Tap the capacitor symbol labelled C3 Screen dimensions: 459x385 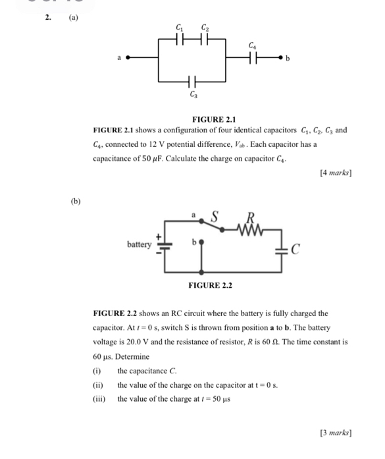[x=192, y=82]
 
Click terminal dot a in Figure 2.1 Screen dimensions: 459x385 [x=128, y=58]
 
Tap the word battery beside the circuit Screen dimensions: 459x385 [x=140, y=244]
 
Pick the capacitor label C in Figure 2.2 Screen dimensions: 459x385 [x=295, y=250]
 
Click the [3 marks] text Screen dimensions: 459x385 [x=335, y=433]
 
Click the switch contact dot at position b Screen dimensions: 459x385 [x=201, y=242]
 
